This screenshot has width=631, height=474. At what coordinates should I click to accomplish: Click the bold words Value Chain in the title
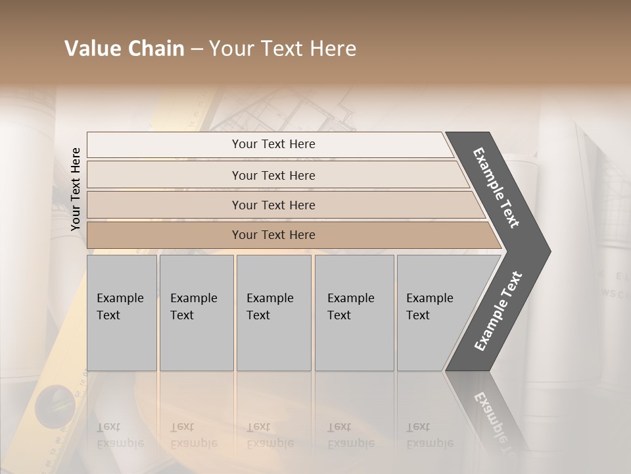coord(124,49)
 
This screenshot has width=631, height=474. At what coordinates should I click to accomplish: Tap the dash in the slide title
coord(197,49)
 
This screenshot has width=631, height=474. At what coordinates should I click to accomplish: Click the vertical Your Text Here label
coord(76,189)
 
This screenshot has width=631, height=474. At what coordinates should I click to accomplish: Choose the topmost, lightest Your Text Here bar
coord(273,144)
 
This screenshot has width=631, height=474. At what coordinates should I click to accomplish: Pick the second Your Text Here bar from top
coord(273,175)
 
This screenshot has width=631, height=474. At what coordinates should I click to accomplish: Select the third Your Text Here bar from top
coord(273,205)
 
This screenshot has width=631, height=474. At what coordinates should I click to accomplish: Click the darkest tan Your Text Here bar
coord(273,235)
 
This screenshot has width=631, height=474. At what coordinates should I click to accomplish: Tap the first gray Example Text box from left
coord(122,313)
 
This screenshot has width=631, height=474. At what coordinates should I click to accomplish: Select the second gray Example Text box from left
coord(196,313)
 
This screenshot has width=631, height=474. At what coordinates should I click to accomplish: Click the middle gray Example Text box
coord(273,313)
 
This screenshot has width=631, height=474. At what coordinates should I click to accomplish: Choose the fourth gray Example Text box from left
coord(354,313)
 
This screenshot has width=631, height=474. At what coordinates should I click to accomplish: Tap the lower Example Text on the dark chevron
coord(498,311)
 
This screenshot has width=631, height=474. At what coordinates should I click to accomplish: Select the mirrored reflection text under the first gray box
coord(120,435)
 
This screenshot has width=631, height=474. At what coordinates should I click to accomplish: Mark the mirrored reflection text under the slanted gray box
coord(429,435)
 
